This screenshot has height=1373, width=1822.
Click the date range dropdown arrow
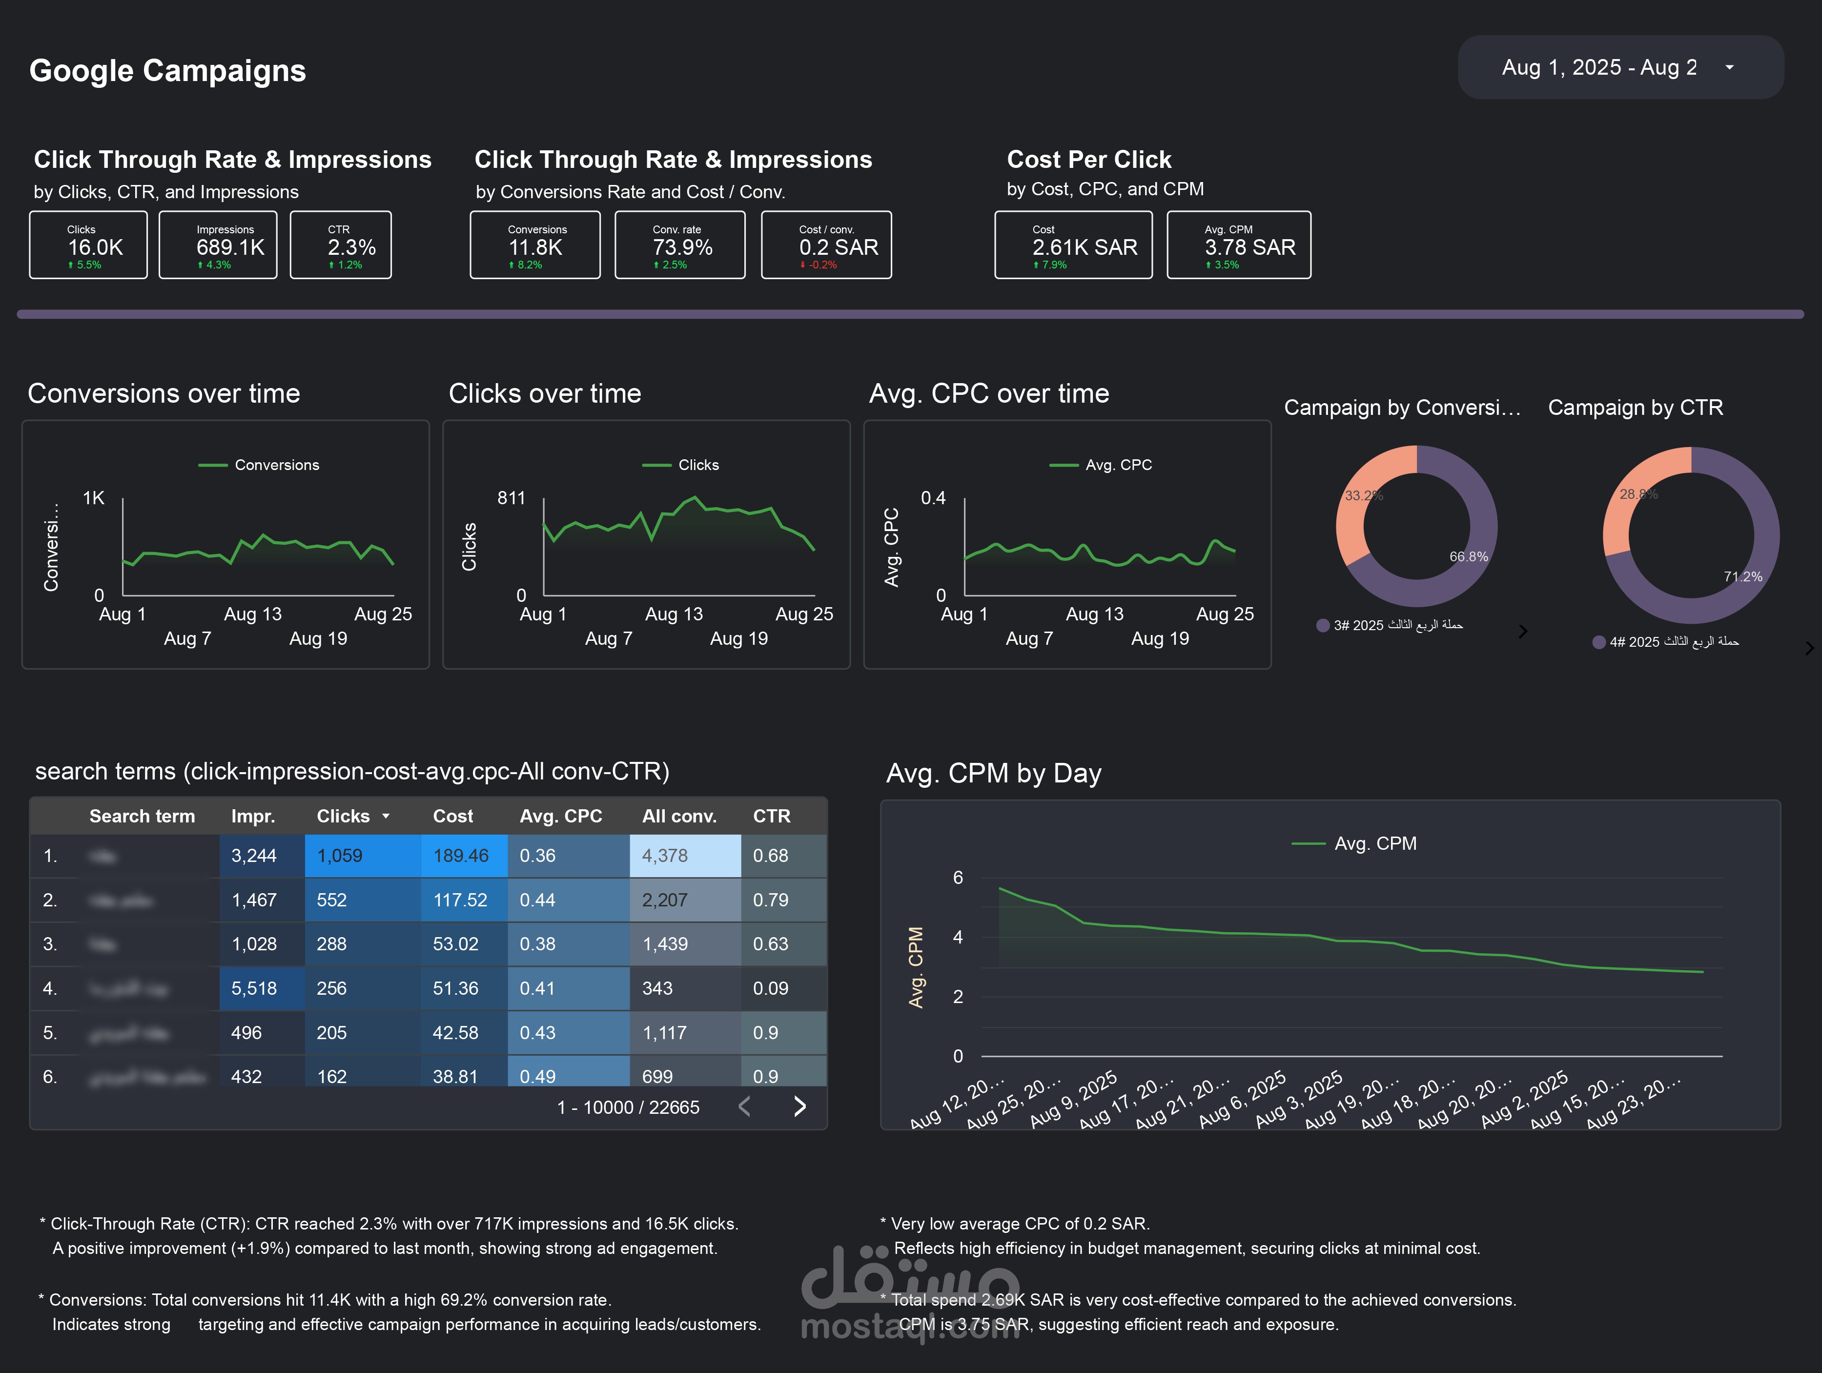click(x=1729, y=67)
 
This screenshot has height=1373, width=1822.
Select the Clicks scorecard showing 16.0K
click(x=88, y=246)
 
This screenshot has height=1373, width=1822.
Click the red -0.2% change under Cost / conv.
click(x=819, y=265)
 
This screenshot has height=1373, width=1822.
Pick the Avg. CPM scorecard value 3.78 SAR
click(x=1249, y=247)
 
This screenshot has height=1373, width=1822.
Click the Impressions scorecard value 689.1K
click(x=230, y=247)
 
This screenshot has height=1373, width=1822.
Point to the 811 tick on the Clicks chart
click(x=511, y=498)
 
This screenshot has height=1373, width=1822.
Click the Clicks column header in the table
click(x=344, y=816)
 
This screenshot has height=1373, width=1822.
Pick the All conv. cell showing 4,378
click(x=665, y=856)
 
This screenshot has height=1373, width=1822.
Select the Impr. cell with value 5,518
click(x=254, y=988)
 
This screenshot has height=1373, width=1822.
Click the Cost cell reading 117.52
click(x=460, y=900)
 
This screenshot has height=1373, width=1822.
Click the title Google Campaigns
click(x=168, y=71)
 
